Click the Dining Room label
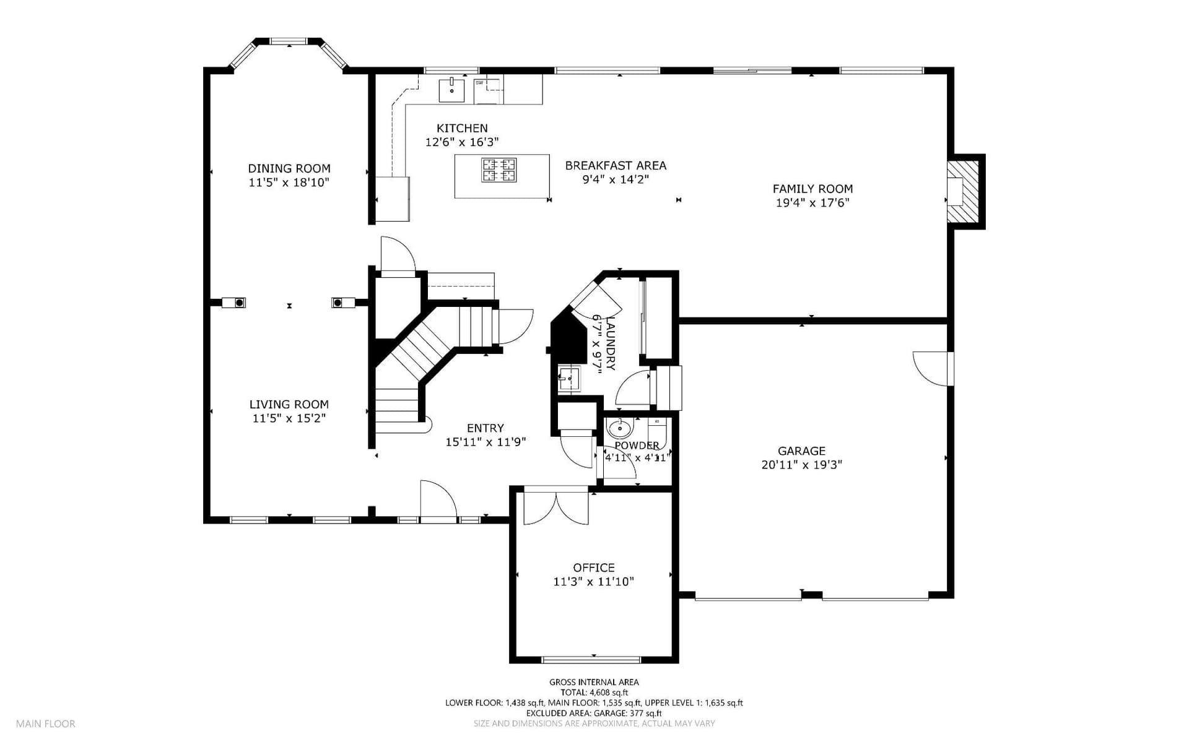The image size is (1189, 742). tap(289, 168)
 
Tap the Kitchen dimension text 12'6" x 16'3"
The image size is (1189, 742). tap(462, 142)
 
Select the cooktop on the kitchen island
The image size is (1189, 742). tap(499, 170)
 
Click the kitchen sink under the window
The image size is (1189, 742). tap(452, 89)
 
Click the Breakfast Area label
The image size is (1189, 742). tap(616, 166)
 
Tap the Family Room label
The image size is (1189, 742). tap(812, 189)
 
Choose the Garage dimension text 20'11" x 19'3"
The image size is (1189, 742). tap(802, 465)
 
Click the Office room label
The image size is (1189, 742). tap(594, 567)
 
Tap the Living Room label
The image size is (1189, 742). tap(289, 405)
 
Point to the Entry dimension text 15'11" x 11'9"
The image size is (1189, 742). tap(486, 442)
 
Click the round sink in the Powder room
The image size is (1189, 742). tap(619, 428)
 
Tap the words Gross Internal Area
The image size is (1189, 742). tap(594, 682)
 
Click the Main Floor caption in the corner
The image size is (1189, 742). tap(46, 723)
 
